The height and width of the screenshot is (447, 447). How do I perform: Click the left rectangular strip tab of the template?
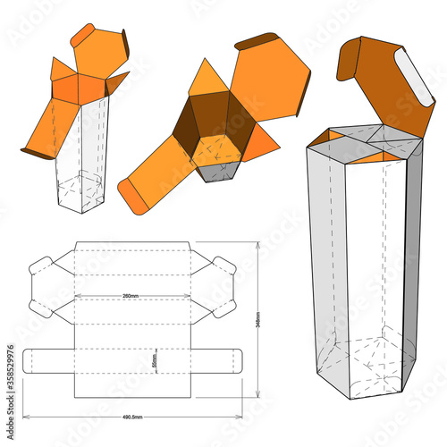point(44,361)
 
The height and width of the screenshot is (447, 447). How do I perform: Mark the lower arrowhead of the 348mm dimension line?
point(257,394)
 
